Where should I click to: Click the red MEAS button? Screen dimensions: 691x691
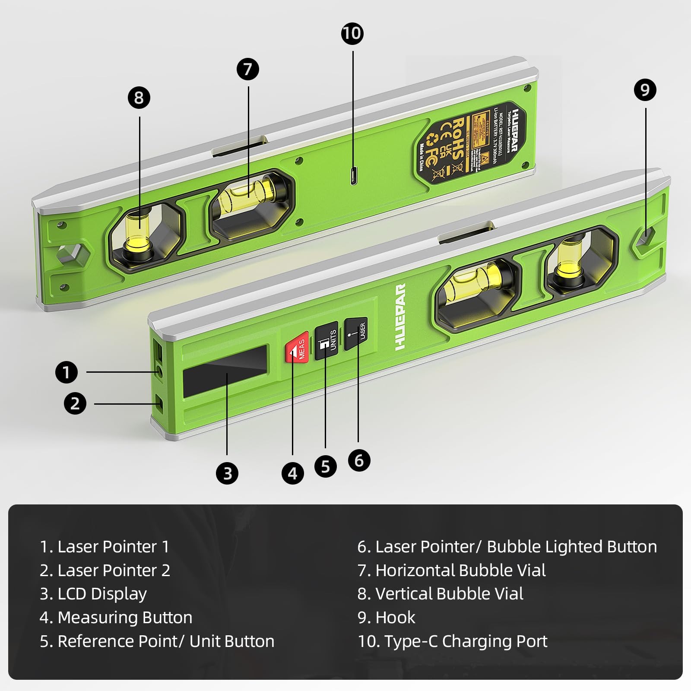pyautogui.click(x=298, y=348)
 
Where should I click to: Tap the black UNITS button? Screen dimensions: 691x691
pyautogui.click(x=326, y=341)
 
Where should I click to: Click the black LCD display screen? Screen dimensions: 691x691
pyautogui.click(x=225, y=371)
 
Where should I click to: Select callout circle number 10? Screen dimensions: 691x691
pyautogui.click(x=352, y=34)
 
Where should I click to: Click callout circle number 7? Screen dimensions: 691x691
pyautogui.click(x=248, y=69)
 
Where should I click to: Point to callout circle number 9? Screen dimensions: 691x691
pyautogui.click(x=645, y=90)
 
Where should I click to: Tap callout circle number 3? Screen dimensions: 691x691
pyautogui.click(x=227, y=473)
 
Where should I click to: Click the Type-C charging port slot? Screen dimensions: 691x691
pyautogui.click(x=354, y=176)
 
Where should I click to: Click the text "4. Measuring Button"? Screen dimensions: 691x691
pyautogui.click(x=116, y=618)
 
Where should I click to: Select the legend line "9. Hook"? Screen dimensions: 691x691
pyautogui.click(x=386, y=618)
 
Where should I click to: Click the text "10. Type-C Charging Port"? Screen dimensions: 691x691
pyautogui.click(x=452, y=641)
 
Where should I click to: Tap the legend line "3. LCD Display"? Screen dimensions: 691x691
pyautogui.click(x=93, y=594)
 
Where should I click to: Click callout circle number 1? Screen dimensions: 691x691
pyautogui.click(x=66, y=372)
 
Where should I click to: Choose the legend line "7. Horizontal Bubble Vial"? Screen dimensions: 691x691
pyautogui.click(x=451, y=571)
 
